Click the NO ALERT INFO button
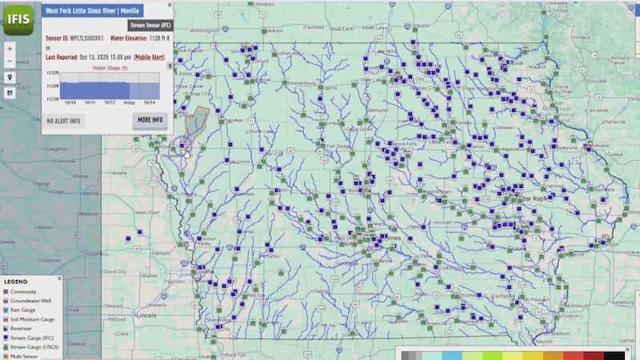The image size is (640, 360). coord(63,121)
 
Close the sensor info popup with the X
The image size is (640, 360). coord(169,5)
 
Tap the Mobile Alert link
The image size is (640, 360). coord(150,58)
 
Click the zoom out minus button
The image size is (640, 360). coord(10,62)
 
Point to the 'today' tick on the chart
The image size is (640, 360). coord(129,102)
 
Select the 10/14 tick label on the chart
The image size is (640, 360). coord(150,102)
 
